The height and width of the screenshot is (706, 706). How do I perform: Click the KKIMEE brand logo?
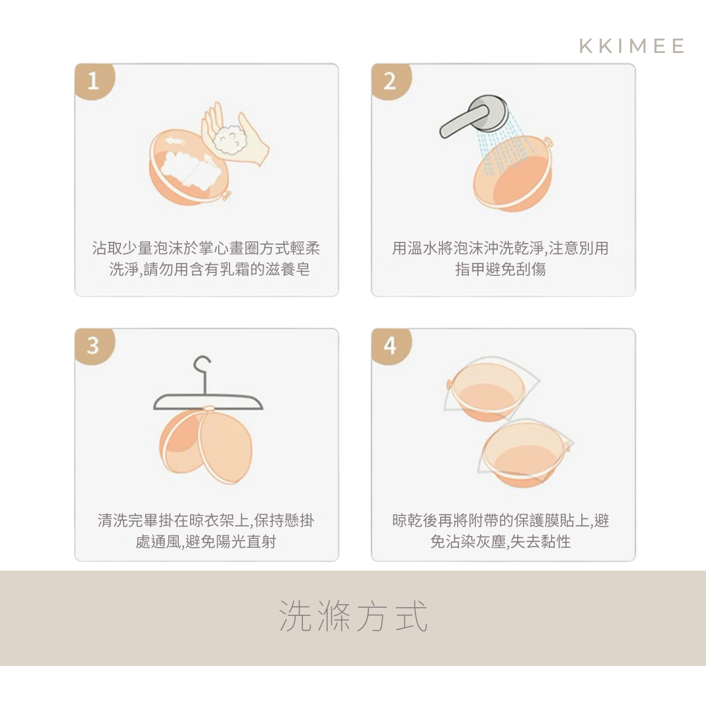tap(631, 46)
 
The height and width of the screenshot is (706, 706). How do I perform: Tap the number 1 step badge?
tap(95, 81)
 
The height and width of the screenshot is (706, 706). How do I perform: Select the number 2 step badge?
tap(391, 81)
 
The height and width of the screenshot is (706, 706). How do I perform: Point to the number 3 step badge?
tap(95, 345)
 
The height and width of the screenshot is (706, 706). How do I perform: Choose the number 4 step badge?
tap(391, 345)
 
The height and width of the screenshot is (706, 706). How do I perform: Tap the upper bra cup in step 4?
tap(488, 391)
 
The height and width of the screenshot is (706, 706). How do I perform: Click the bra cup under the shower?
tap(513, 174)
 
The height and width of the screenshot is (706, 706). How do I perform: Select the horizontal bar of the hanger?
tap(208, 402)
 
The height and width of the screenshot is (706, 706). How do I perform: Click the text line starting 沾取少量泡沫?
tap(207, 248)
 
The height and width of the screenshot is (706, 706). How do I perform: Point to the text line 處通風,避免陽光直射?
tap(205, 541)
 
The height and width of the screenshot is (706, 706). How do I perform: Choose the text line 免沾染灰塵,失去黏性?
tap(501, 541)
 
